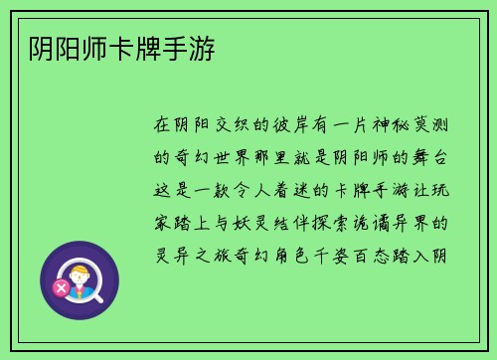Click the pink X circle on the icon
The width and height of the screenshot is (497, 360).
click(x=62, y=289)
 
